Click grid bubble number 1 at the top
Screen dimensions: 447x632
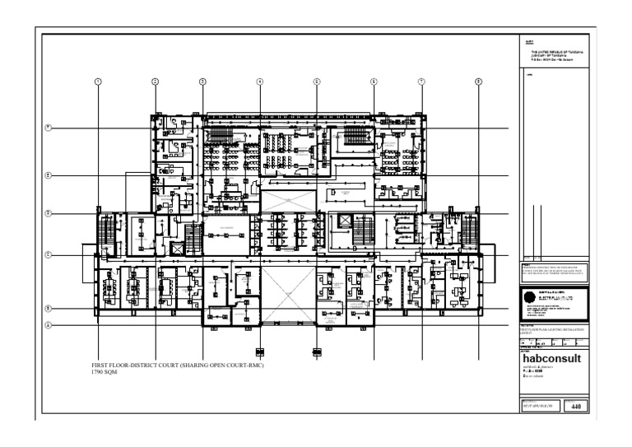(98, 81)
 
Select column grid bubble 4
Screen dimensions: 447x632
(259, 81)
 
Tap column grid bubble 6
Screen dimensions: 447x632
(374, 81)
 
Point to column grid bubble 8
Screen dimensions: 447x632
(478, 81)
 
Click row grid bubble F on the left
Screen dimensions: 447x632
(49, 127)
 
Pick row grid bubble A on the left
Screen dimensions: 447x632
(49, 324)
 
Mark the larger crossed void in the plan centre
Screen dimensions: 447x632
(288, 297)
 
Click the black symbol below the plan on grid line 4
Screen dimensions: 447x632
(260, 352)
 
